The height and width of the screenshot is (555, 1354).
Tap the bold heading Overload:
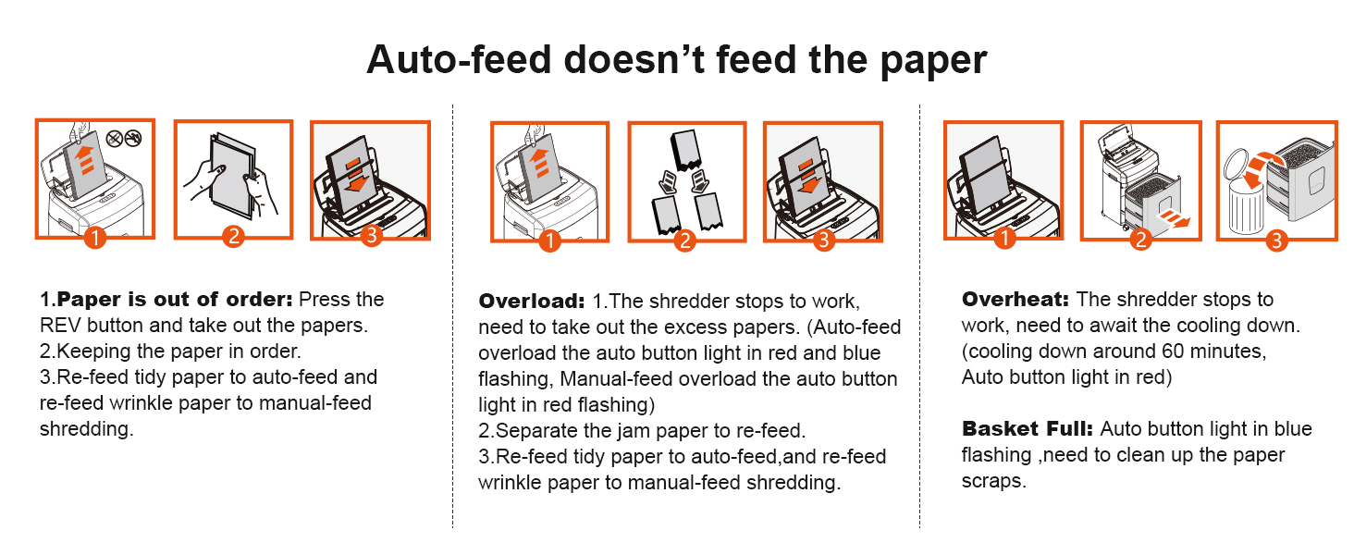pyautogui.click(x=532, y=302)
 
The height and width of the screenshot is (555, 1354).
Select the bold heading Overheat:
pyautogui.click(x=1015, y=300)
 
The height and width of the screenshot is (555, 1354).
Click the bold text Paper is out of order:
pyautogui.click(x=175, y=300)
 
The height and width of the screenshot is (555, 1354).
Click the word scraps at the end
pyautogui.click(x=993, y=481)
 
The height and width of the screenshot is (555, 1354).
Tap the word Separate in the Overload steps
pyautogui.click(x=535, y=431)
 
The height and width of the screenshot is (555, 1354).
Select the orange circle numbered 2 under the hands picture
pyautogui.click(x=233, y=237)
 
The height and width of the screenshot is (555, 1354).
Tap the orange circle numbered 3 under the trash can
pyautogui.click(x=1276, y=240)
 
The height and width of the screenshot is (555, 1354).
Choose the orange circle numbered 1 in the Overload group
pyautogui.click(x=549, y=240)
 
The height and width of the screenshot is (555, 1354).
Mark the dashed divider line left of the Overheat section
pyautogui.click(x=919, y=314)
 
